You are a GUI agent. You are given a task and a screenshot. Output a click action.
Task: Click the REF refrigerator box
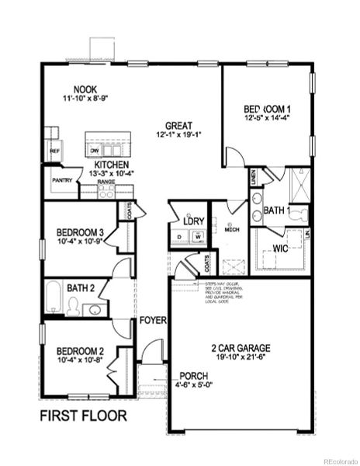click(54, 151)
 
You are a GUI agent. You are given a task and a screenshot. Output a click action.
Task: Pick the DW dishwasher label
click(95, 150)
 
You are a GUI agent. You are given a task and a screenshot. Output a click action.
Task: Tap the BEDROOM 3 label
click(81, 231)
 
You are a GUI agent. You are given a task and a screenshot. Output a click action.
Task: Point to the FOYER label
click(151, 321)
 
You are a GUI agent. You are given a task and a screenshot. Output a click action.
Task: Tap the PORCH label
click(192, 375)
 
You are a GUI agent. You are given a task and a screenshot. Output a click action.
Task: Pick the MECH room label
click(231, 230)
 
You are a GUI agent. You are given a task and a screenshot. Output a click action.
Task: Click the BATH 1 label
click(277, 210)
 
